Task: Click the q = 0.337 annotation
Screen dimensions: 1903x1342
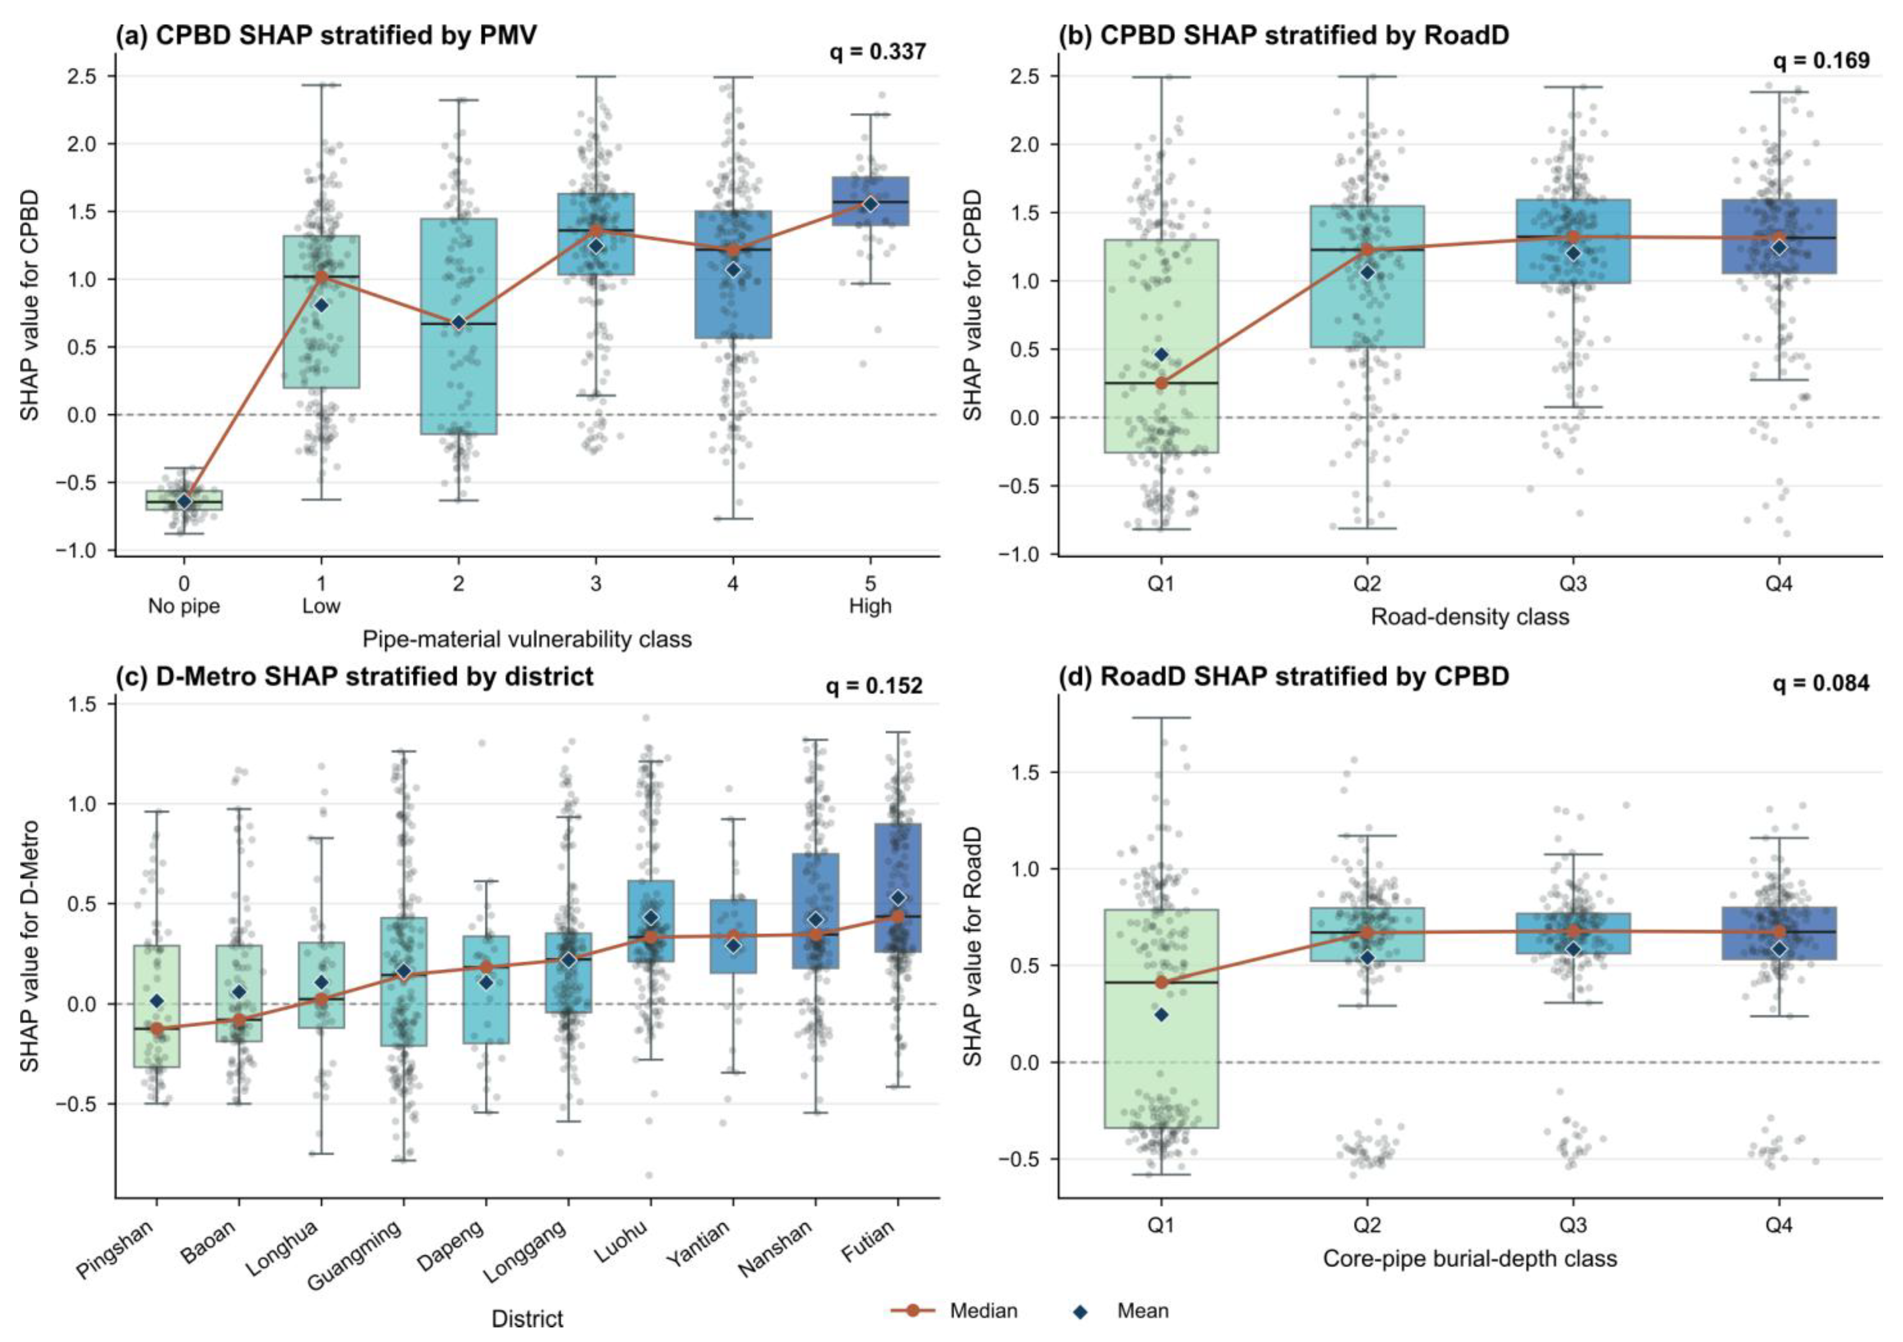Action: [878, 52]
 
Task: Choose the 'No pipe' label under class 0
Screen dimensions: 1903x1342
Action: [184, 606]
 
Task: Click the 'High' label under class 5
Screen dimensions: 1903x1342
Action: [870, 606]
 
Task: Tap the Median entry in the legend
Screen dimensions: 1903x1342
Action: [954, 1310]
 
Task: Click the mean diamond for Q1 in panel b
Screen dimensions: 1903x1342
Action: [1161, 355]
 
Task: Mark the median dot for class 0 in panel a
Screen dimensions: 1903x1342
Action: [184, 501]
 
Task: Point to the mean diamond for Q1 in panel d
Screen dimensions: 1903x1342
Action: [1161, 1014]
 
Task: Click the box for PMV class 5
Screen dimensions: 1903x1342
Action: [870, 201]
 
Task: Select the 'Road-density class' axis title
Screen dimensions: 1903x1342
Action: [1470, 617]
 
